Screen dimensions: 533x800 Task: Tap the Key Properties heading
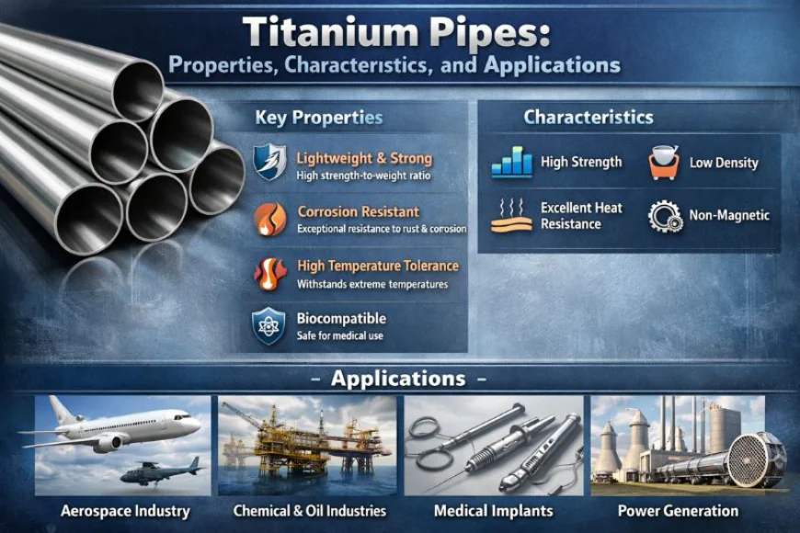(x=318, y=119)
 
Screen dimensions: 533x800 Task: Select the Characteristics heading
(x=589, y=118)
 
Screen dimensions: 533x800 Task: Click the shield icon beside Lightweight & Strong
(x=269, y=163)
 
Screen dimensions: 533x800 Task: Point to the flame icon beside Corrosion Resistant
(x=269, y=219)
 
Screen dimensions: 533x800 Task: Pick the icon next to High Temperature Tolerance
(x=269, y=273)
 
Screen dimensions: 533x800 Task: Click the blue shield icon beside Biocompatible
(x=269, y=326)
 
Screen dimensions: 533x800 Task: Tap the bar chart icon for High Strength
(x=511, y=163)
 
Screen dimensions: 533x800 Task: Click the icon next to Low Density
(x=663, y=163)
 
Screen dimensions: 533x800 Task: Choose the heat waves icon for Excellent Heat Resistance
(x=511, y=216)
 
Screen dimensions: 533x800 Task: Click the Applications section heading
(x=397, y=379)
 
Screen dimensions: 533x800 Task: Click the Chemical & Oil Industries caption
(x=310, y=511)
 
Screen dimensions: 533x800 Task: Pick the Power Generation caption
(x=678, y=511)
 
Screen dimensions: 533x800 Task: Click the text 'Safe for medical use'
(x=340, y=336)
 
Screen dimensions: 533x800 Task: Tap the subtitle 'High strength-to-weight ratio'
(x=364, y=176)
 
